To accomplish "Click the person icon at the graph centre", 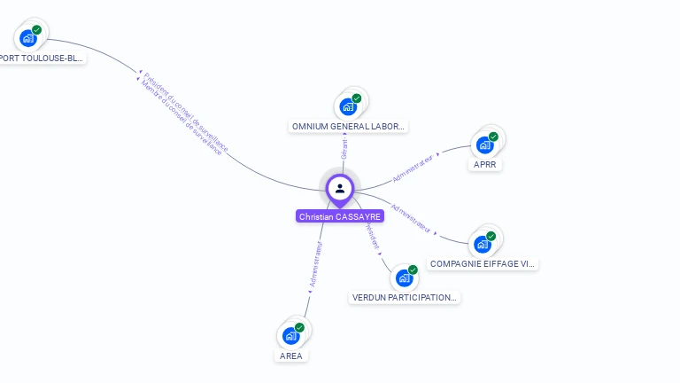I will [x=340, y=188].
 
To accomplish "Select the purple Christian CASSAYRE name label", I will [x=340, y=216].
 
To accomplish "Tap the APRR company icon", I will [x=483, y=145].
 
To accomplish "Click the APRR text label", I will [x=484, y=165].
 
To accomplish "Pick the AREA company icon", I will [x=290, y=336].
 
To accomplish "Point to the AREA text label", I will [x=290, y=356].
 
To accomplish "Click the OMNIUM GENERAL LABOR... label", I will [x=349, y=127].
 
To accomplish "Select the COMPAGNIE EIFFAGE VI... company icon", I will [x=482, y=243].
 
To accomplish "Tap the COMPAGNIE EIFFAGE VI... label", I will [x=483, y=264].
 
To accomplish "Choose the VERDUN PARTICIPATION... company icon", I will [x=404, y=277].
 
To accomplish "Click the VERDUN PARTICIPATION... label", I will [x=405, y=298].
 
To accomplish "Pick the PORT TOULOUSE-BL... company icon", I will [x=27, y=38].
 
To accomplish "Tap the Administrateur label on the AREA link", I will [x=314, y=264].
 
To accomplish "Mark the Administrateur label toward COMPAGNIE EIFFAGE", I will [x=411, y=218].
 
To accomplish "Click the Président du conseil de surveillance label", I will [x=187, y=112].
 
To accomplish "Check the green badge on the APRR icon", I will [x=493, y=137].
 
